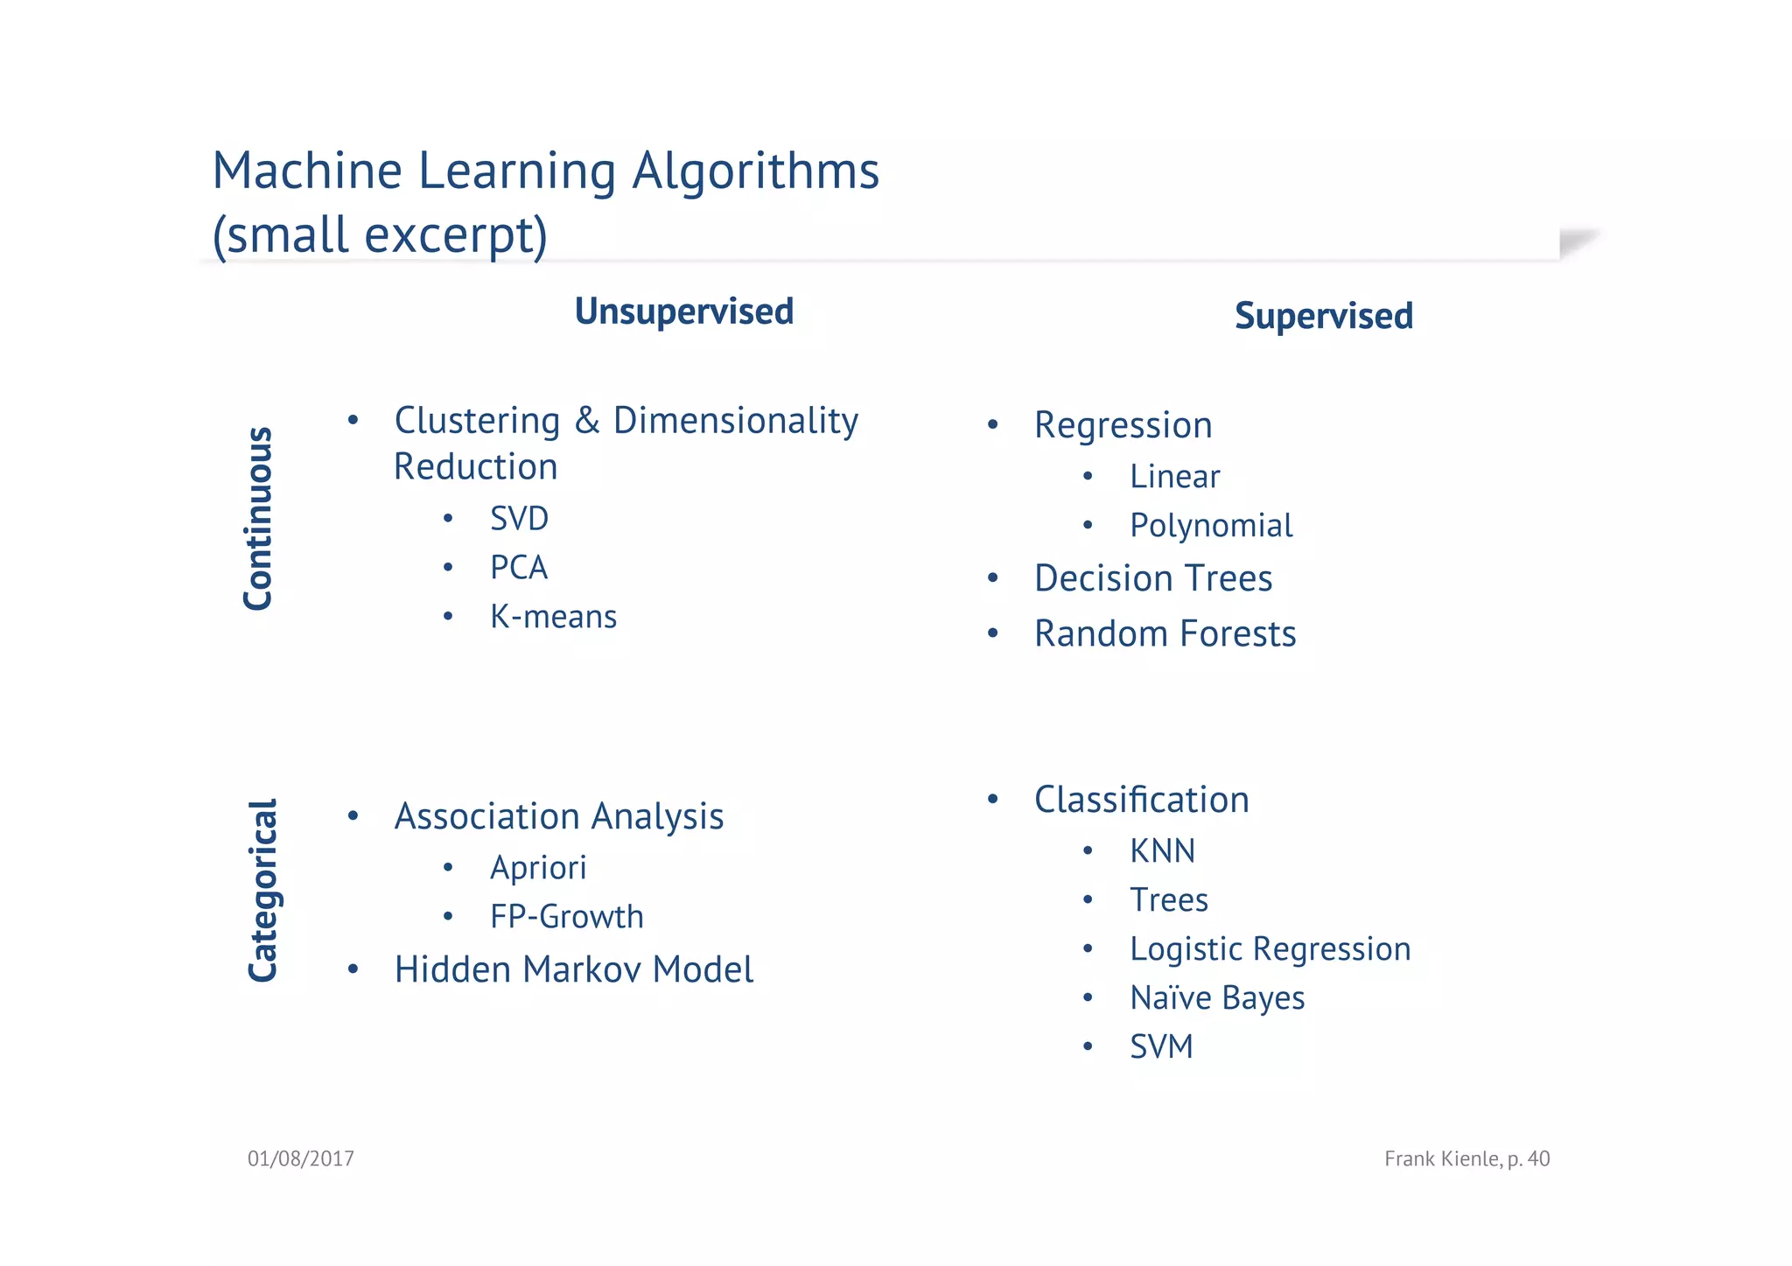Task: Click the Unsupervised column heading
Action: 683,311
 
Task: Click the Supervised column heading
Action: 1323,316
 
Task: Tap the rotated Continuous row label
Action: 258,518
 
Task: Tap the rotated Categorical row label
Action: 262,891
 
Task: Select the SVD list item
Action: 519,519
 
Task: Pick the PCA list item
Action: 518,568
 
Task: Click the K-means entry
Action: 553,617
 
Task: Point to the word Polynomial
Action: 1210,526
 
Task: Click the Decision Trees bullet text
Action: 1152,578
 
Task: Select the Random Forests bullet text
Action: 1165,633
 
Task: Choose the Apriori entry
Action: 537,868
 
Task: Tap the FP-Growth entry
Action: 566,917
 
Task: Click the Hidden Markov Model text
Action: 573,969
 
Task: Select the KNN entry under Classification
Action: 1161,851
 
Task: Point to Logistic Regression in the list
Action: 1270,949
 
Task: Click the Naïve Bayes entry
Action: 1216,998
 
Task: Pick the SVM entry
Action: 1160,1047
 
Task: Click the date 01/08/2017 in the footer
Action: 300,1159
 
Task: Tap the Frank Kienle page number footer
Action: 1466,1159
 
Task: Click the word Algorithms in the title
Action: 755,171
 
